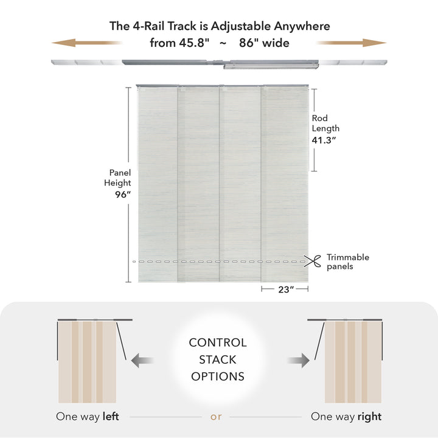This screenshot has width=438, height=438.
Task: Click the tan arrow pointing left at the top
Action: (x=87, y=43)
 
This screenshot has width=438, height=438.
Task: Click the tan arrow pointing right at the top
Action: (x=352, y=43)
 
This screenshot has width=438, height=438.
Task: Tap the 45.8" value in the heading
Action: (x=194, y=43)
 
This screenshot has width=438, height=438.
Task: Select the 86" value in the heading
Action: (x=249, y=43)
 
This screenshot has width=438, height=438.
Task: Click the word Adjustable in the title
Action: (x=241, y=26)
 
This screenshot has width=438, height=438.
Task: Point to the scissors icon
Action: (x=312, y=261)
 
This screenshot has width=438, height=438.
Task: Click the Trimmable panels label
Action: (x=348, y=262)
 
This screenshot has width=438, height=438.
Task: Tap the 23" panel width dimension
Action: (x=286, y=290)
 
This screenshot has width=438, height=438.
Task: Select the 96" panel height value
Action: (x=123, y=195)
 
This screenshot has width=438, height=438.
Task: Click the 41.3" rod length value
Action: (x=324, y=140)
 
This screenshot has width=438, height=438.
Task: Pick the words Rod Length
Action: (x=325, y=123)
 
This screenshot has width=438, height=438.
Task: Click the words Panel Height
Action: (x=117, y=178)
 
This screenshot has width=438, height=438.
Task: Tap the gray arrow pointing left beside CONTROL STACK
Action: (x=142, y=360)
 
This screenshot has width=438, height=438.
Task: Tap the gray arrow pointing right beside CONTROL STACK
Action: (x=298, y=360)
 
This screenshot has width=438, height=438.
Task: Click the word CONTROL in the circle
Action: (x=218, y=342)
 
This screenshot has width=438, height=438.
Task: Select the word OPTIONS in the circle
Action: (x=218, y=377)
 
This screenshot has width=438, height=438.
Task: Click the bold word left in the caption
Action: (x=111, y=416)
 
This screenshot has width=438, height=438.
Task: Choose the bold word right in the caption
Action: (x=370, y=417)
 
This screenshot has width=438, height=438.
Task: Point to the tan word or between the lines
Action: (x=216, y=417)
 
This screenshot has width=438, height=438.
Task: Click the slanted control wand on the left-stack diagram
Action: (x=121, y=341)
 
